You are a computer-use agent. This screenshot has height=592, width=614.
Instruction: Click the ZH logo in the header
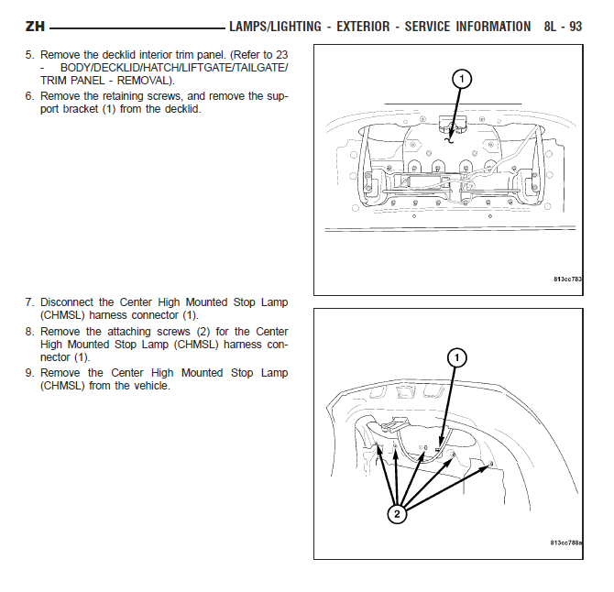tap(35, 27)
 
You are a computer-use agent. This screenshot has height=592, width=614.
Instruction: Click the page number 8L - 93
tap(563, 27)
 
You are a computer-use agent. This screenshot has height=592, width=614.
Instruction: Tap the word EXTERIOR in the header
tap(363, 27)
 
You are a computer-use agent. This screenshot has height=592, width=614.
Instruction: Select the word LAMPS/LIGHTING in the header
tap(275, 27)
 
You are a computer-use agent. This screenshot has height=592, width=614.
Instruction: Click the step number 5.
tap(29, 55)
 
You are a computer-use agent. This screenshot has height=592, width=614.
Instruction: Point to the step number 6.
tap(29, 96)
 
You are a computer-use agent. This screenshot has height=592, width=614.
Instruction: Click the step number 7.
tap(29, 302)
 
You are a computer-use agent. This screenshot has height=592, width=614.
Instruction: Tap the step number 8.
tap(29, 332)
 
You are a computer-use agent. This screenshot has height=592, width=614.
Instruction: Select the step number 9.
tap(29, 373)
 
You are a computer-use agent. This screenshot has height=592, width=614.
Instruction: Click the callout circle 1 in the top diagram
tap(462, 79)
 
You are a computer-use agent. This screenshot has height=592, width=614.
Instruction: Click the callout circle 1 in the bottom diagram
tap(457, 358)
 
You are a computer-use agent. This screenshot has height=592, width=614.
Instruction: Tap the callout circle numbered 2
tap(397, 514)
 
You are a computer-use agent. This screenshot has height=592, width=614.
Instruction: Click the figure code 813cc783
tap(567, 280)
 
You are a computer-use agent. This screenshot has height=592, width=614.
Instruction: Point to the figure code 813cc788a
tap(565, 543)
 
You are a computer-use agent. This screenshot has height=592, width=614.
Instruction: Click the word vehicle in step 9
tap(151, 386)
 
